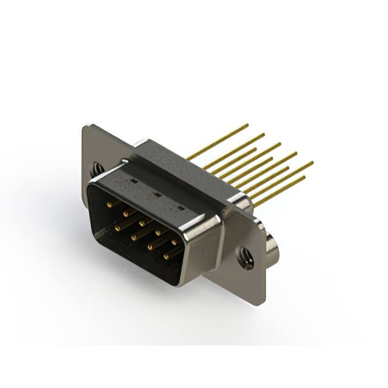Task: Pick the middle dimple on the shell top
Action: click(155, 194)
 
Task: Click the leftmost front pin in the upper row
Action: click(109, 205)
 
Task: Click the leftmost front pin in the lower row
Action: click(118, 227)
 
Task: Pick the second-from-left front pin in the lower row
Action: click(134, 237)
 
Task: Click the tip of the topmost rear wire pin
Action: click(247, 125)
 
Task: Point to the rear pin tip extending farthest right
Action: click(312, 162)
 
